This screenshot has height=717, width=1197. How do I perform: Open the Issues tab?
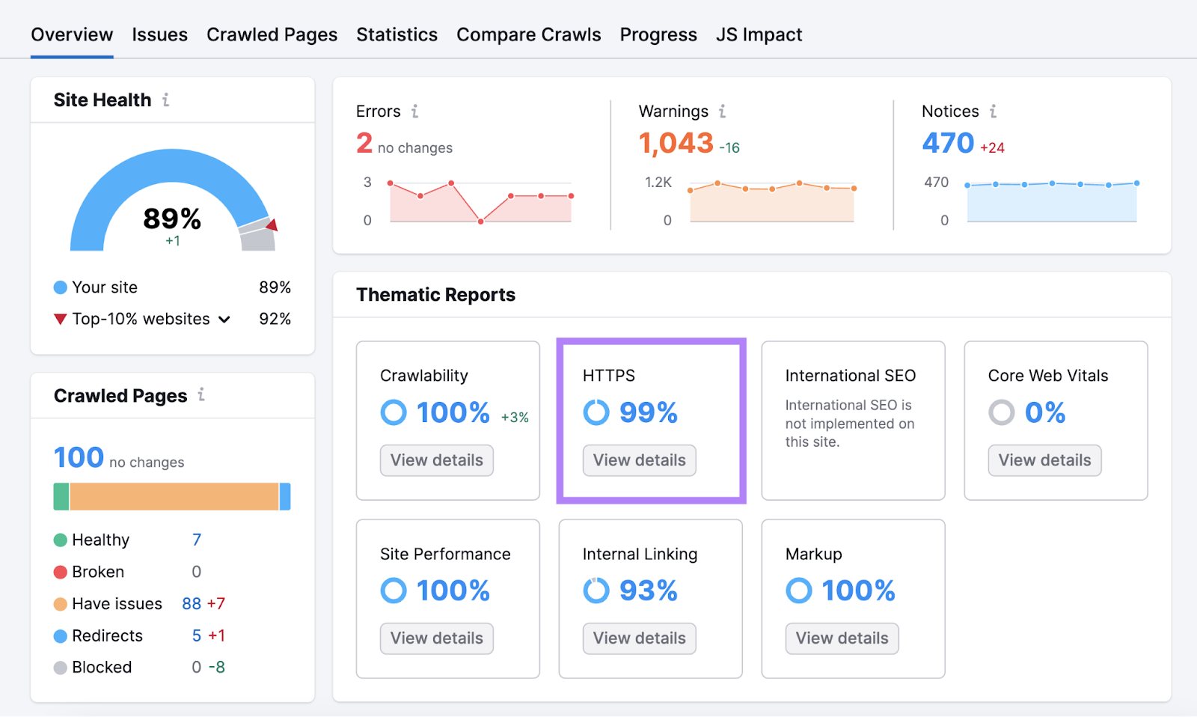point(159,34)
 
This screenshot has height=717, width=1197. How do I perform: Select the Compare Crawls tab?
point(528,34)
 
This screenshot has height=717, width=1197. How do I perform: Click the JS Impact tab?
point(759,34)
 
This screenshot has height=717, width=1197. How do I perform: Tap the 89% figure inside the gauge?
point(172,219)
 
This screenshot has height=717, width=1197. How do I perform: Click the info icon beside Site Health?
point(166,100)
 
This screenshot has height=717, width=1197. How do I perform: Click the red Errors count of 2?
point(364,142)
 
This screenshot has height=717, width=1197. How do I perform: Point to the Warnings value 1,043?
point(676,142)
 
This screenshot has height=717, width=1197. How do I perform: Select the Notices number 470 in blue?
point(948,142)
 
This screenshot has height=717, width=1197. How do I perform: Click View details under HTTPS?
point(639,460)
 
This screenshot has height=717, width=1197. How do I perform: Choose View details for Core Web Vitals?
point(1044,460)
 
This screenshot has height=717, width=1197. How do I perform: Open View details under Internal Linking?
point(639,638)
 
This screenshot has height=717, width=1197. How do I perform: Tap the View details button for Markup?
point(842,638)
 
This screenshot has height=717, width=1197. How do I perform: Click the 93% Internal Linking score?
point(648,591)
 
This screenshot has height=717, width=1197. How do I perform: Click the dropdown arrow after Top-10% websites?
point(224,320)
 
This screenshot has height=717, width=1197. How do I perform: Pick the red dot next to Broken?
point(61,573)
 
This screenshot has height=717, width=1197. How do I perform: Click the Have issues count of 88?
point(192,604)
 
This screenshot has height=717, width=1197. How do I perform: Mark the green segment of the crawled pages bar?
point(61,496)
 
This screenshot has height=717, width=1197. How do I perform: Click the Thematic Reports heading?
point(435,295)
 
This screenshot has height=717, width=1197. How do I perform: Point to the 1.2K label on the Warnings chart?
point(658,182)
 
